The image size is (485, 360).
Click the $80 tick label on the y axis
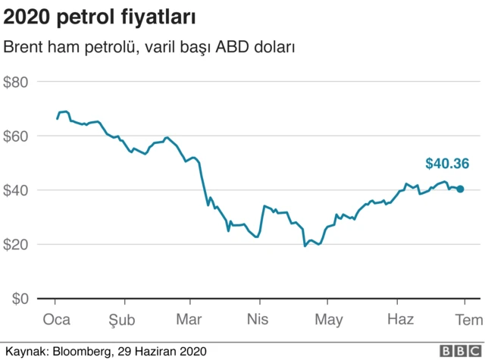(16, 82)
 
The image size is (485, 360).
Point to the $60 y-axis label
(16, 136)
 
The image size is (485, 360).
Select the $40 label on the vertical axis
(16, 190)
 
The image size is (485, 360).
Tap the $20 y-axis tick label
(16, 245)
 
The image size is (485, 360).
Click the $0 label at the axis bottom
(20, 299)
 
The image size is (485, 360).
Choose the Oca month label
(56, 320)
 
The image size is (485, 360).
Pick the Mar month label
(189, 320)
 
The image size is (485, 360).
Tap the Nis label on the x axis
(258, 320)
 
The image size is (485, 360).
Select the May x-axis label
(328, 320)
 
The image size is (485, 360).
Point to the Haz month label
(400, 320)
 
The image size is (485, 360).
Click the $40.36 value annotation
(447, 163)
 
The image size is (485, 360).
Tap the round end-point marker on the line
(460, 189)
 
